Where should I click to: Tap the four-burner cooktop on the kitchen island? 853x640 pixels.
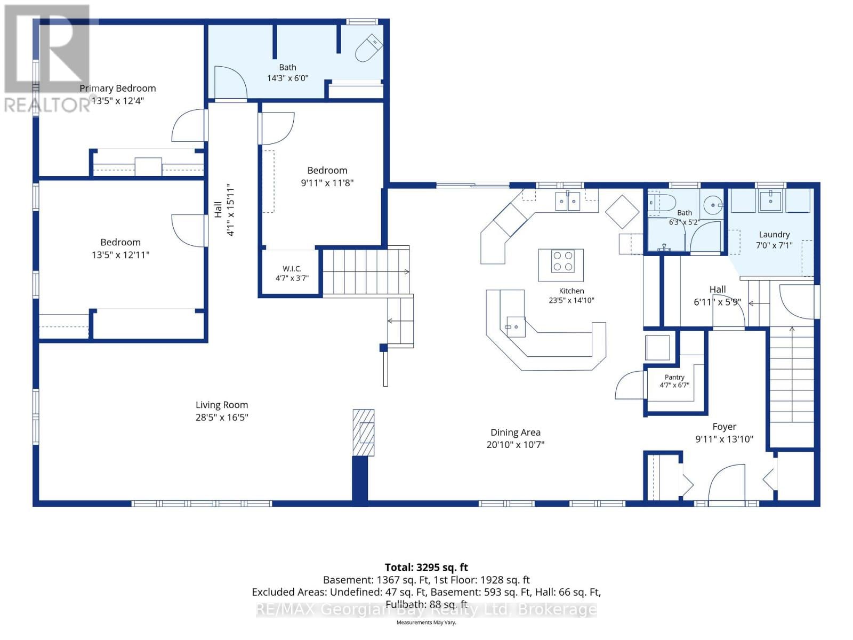click(562, 261)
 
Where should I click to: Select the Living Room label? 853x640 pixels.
click(221, 405)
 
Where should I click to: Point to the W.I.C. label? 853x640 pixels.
click(292, 268)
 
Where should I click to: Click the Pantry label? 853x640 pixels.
click(674, 377)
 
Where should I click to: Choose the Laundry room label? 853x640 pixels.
click(774, 235)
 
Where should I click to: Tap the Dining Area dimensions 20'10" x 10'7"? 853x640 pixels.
click(516, 445)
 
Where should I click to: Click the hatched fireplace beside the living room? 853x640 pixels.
click(364, 432)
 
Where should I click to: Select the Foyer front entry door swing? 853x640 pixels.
click(727, 483)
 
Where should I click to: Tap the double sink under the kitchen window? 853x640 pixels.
click(567, 201)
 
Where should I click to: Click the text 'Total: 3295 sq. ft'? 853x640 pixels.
click(426, 567)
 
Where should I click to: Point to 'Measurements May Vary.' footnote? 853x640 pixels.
click(426, 622)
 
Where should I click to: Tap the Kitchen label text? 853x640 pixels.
click(572, 291)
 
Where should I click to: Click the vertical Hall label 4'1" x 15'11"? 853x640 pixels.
click(224, 210)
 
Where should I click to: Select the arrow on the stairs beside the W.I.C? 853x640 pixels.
click(366, 271)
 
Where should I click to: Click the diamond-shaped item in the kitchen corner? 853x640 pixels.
click(622, 212)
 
